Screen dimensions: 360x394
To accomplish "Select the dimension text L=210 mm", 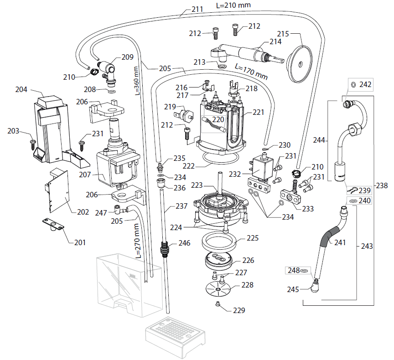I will [x=233, y=5].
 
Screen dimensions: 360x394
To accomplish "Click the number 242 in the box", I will [x=365, y=84].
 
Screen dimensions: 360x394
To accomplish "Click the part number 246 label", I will [x=185, y=243].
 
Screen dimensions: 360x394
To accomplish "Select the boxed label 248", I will [x=293, y=271].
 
